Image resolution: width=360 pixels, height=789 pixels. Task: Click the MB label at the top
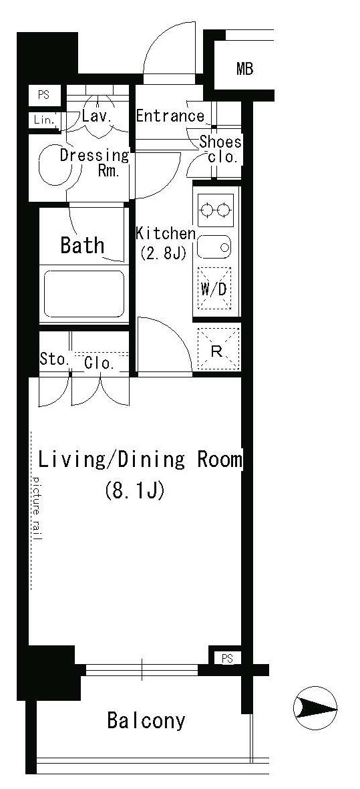tap(245, 69)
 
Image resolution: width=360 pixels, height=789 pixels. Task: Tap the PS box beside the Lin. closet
tap(43, 95)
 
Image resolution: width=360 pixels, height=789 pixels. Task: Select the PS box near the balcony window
tap(227, 658)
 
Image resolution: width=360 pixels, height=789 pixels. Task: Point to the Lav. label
tap(97, 117)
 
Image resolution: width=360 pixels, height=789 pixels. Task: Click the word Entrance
tap(170, 116)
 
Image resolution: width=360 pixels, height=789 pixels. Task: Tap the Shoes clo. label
tap(220, 150)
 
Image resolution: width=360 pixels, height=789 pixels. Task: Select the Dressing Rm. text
tap(94, 162)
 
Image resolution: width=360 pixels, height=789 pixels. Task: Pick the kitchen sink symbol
tap(214, 247)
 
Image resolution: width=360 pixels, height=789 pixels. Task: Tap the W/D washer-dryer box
tap(214, 289)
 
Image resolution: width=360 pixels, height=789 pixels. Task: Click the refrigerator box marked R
tap(216, 349)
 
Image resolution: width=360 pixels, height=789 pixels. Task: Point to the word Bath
tap(82, 245)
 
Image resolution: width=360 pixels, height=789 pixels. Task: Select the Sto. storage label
tap(54, 359)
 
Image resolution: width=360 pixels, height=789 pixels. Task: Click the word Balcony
tap(146, 722)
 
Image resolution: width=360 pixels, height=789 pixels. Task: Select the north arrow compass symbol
tap(315, 708)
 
